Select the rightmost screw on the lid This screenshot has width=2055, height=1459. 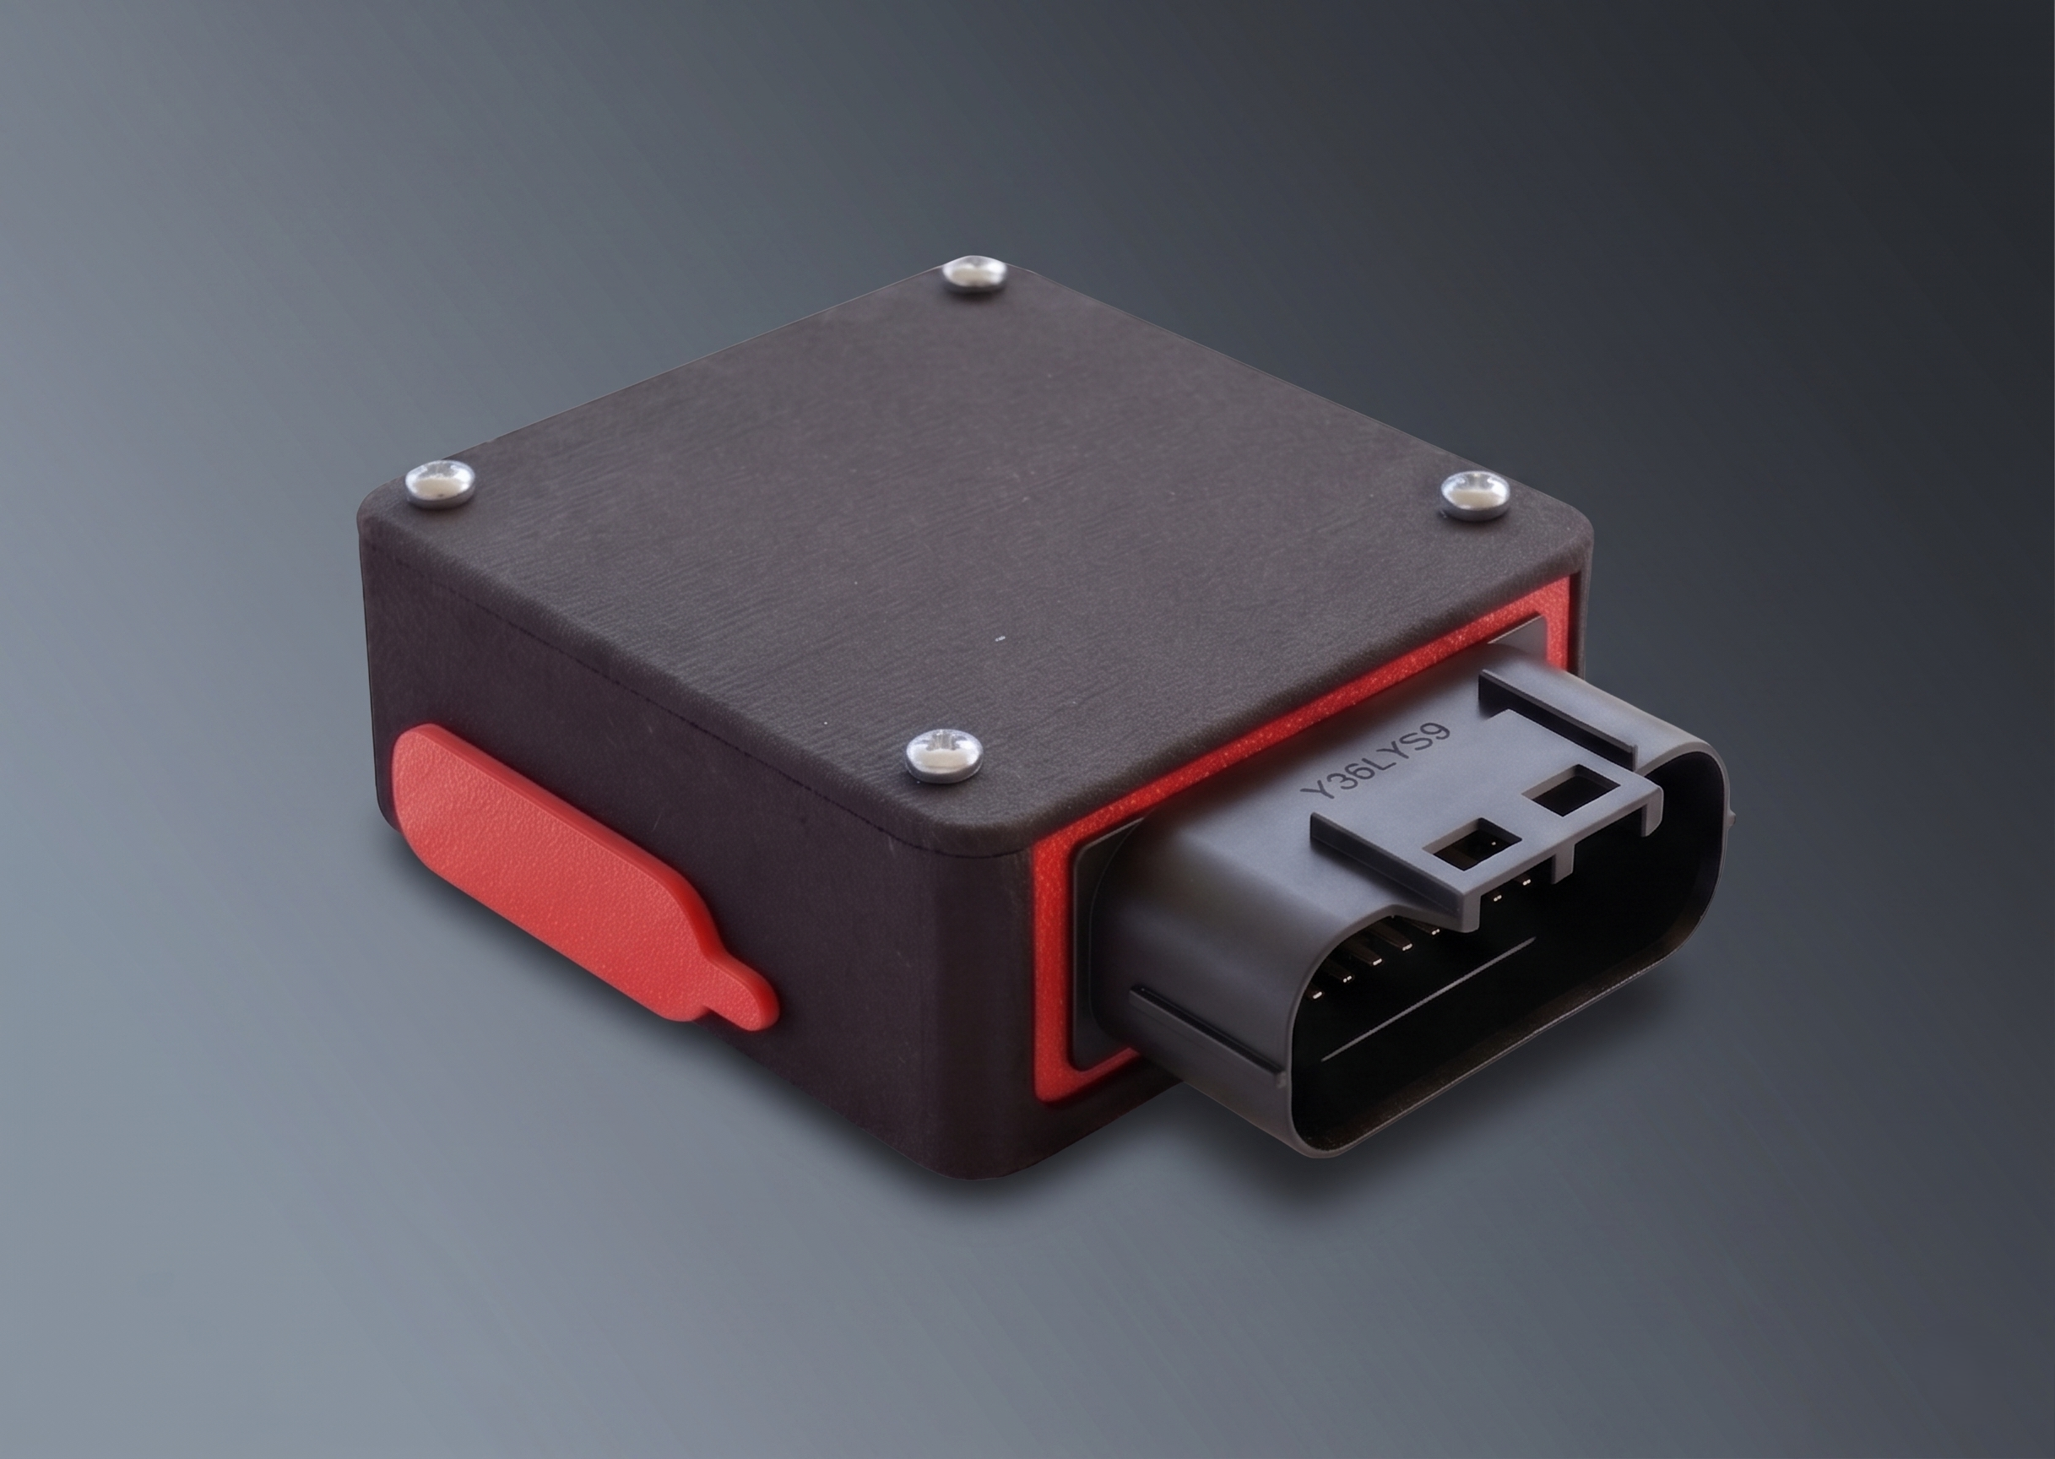point(1475,493)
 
